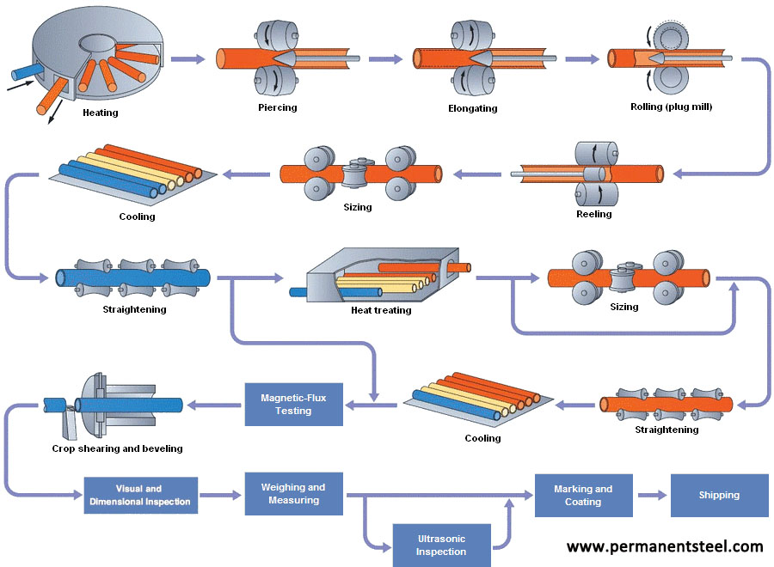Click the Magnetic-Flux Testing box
(x=293, y=404)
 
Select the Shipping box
(x=719, y=495)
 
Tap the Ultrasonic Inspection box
(x=441, y=545)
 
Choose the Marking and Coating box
(x=583, y=496)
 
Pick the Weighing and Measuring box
(x=293, y=494)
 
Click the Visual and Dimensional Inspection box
(x=141, y=496)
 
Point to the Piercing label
(x=277, y=107)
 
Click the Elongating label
(x=472, y=108)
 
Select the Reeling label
(x=593, y=214)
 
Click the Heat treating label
(x=381, y=310)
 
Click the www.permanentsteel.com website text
(x=665, y=546)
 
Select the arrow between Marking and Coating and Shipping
(x=651, y=496)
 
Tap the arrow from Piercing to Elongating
(x=384, y=58)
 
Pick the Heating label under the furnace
(x=101, y=113)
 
